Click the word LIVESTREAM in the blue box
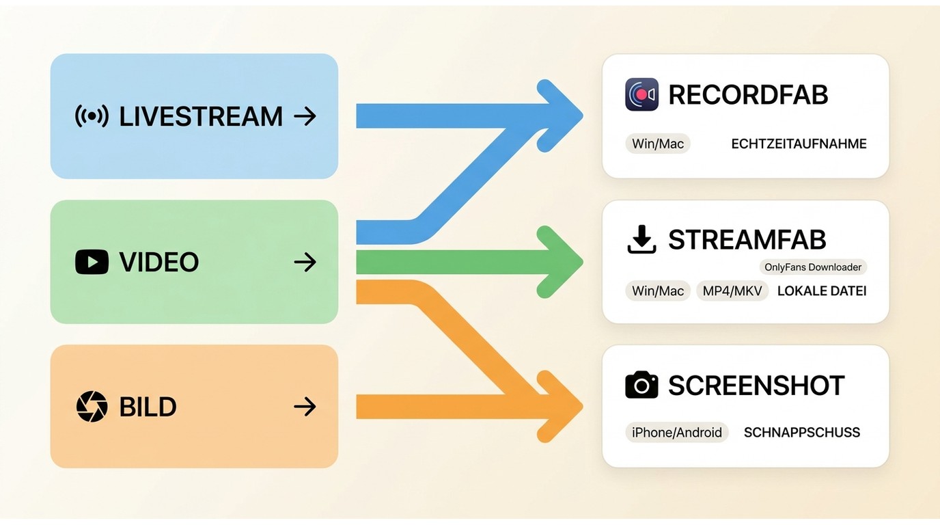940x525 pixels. [201, 116]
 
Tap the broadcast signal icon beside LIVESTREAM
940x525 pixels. [92, 116]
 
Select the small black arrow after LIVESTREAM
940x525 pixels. [305, 116]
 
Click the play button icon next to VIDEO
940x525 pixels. [92, 262]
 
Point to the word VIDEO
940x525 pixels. [159, 262]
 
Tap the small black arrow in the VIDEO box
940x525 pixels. [305, 262]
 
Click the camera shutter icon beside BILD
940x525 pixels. [92, 407]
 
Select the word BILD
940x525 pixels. [148, 407]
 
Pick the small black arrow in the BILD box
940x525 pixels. [305, 407]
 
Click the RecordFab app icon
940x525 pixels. [641, 94]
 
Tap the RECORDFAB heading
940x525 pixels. [748, 94]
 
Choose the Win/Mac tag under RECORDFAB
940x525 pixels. [658, 144]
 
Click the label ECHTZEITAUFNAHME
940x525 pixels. [799, 144]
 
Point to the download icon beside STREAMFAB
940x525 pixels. [641, 239]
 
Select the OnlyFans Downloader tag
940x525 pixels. [813, 267]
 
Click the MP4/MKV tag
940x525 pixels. [732, 291]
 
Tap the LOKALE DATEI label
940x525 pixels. [822, 291]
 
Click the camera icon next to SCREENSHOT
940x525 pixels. [641, 385]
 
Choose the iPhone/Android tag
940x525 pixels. [677, 432]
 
